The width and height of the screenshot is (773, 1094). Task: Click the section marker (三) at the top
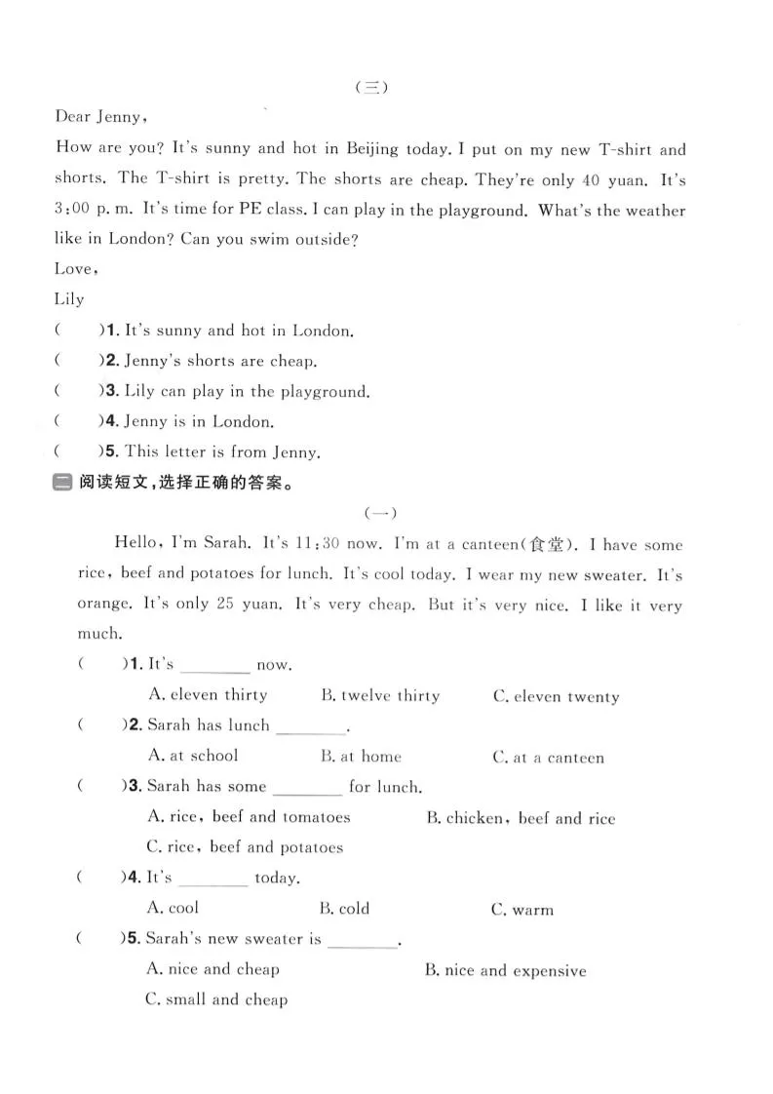pos(371,87)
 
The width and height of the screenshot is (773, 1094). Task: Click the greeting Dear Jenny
pos(101,117)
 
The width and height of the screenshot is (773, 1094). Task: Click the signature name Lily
pos(69,299)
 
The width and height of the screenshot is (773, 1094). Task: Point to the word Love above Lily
pos(75,269)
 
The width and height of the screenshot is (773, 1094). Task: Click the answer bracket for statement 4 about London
pos(77,421)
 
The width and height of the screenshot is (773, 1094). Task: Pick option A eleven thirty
pos(208,695)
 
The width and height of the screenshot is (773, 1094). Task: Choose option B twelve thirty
pos(380,695)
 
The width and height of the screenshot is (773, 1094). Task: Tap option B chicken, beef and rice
pos(521,818)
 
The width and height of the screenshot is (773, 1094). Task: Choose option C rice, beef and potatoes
pos(245,846)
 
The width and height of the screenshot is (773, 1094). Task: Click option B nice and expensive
pos(506,970)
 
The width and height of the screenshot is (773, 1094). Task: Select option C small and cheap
pos(216,999)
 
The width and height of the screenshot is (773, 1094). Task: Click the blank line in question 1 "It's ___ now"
pos(215,667)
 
